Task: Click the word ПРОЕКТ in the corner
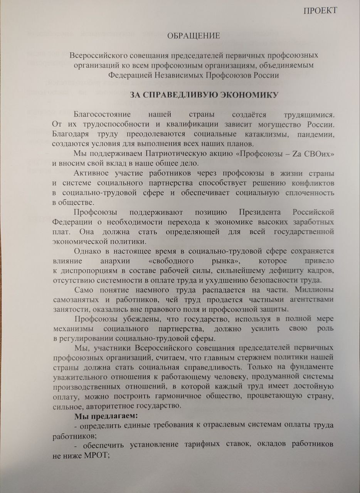click(320, 10)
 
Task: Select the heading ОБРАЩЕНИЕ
click(193, 36)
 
